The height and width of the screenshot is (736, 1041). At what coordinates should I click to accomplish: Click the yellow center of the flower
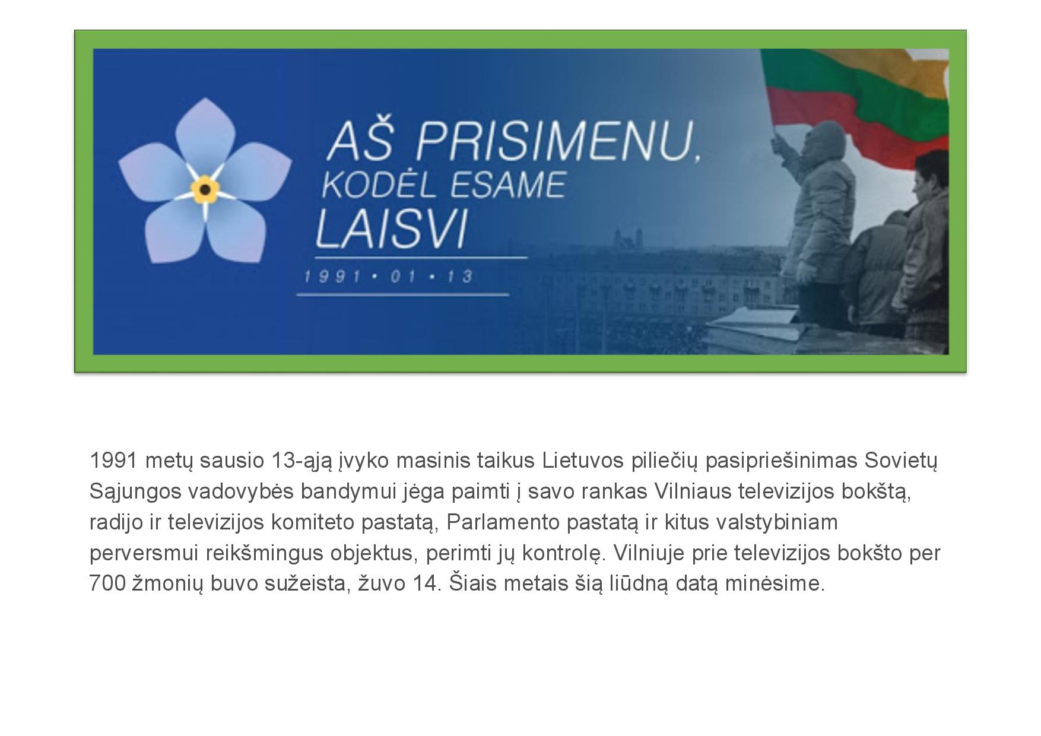205,190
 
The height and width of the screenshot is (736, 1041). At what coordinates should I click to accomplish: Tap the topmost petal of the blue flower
204,134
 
